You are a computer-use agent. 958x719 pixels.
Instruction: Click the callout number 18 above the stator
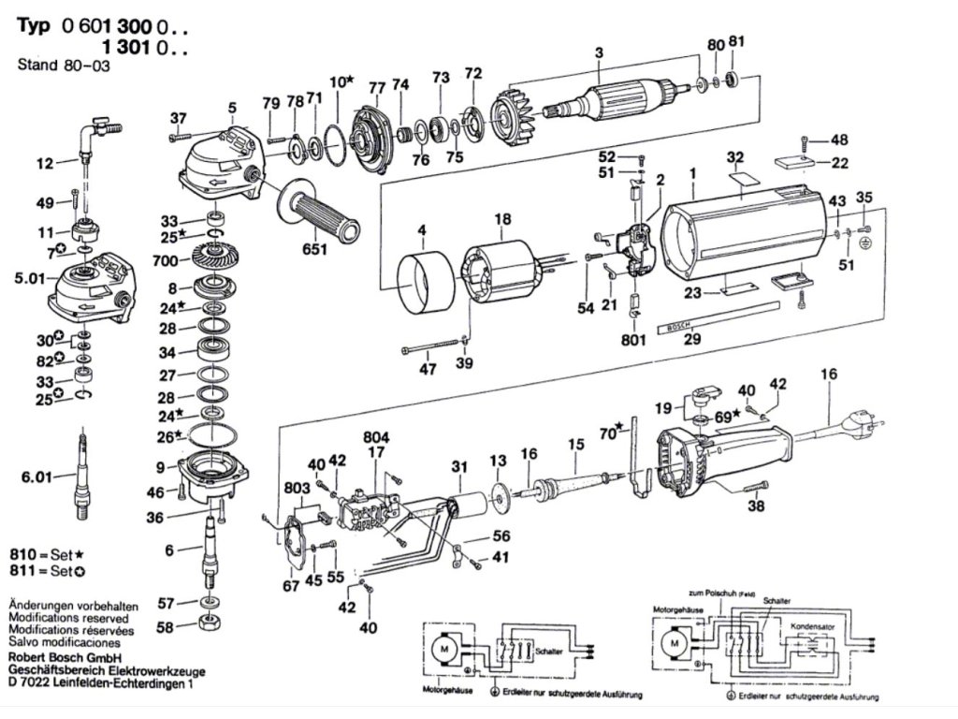pyautogui.click(x=503, y=219)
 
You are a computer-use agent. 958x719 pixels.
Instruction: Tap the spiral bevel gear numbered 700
pyautogui.click(x=214, y=255)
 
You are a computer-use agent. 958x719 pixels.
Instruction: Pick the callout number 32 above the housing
pyautogui.click(x=734, y=156)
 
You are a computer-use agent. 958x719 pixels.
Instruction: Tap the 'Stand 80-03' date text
pyautogui.click(x=55, y=65)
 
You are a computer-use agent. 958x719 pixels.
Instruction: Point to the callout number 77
pyautogui.click(x=377, y=88)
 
